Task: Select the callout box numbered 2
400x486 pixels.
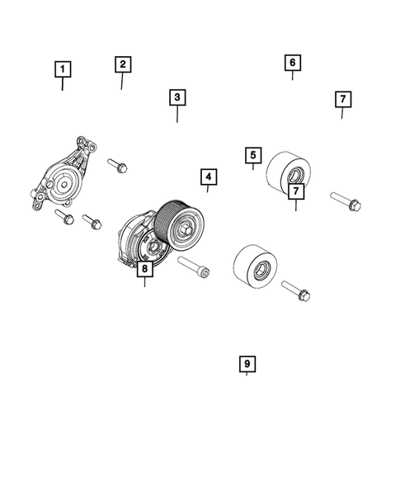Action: coord(121,64)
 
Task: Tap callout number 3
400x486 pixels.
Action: coord(176,97)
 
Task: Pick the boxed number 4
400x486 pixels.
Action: coord(207,177)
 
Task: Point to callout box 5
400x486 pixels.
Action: coord(252,154)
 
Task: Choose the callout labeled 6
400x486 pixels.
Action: coord(292,62)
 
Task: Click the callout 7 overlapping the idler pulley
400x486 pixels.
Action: coord(294,191)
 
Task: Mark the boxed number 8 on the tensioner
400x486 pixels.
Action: coord(144,269)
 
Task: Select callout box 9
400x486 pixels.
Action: coord(246,363)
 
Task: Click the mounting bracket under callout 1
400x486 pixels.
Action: coord(62,177)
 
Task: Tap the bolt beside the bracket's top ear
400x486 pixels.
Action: coord(118,164)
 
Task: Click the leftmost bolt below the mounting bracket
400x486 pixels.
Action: coord(64,216)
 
